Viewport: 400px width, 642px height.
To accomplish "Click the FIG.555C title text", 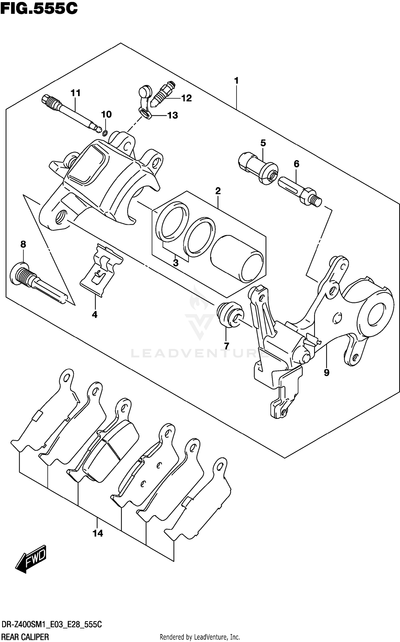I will click(39, 9).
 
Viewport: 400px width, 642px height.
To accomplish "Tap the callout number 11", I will click(75, 93).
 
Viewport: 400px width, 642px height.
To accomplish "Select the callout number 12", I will click(186, 98).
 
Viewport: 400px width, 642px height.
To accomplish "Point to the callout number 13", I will click(173, 115).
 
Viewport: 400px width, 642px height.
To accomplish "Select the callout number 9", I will click(327, 372).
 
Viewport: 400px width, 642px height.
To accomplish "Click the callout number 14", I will click(98, 533).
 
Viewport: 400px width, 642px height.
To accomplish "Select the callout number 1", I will click(236, 81).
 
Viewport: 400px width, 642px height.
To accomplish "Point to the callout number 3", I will click(175, 263).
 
